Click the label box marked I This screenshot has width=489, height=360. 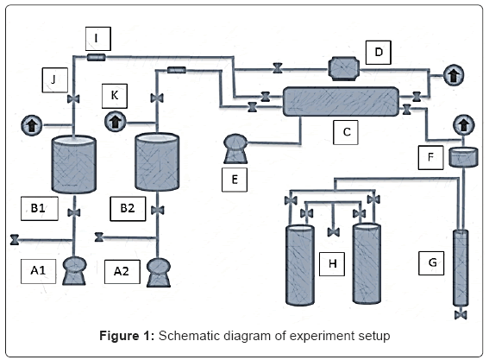pyautogui.click(x=97, y=37)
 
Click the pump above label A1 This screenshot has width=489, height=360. pyautogui.click(x=74, y=268)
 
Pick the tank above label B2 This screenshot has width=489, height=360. pyautogui.click(x=156, y=161)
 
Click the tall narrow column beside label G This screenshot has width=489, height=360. pyautogui.click(x=461, y=268)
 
